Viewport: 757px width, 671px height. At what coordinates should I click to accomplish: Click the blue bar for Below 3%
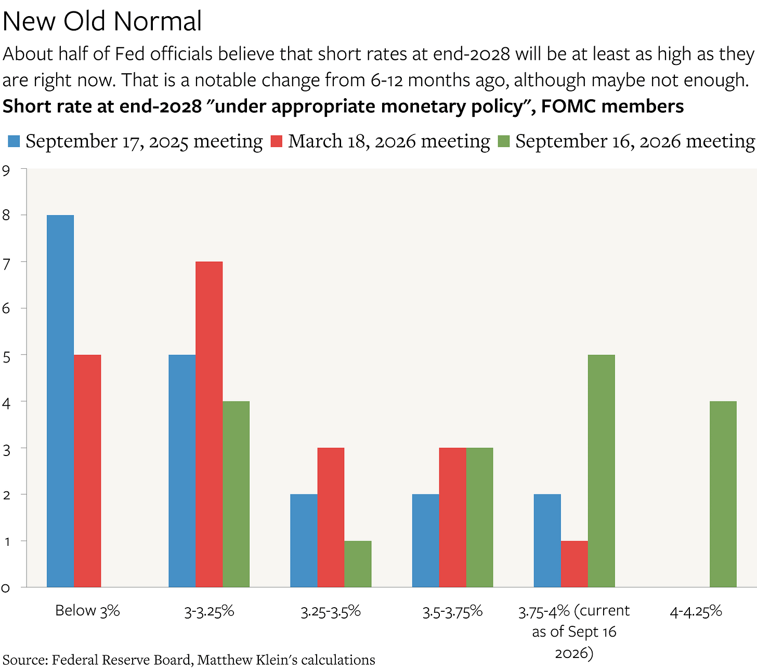point(60,401)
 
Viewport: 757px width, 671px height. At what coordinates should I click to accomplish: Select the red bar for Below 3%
point(87,471)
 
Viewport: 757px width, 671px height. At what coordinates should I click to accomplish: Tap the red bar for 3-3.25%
point(209,424)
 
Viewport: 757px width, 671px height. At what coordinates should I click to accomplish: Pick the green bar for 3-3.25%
point(236,494)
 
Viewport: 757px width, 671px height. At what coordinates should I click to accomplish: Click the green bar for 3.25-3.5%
point(358,564)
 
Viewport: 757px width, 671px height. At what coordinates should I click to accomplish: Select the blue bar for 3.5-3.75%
point(426,541)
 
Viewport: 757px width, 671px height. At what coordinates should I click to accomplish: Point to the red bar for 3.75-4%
point(575,564)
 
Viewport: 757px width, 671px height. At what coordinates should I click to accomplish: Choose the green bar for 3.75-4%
point(602,471)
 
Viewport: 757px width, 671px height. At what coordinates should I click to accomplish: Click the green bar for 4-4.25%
point(723,494)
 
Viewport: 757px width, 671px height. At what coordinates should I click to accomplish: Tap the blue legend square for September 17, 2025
point(14,141)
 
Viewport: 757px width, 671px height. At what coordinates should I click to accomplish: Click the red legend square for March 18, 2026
point(276,141)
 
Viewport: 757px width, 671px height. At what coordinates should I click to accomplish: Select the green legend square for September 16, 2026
point(504,141)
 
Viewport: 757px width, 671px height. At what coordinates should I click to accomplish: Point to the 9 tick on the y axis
point(6,170)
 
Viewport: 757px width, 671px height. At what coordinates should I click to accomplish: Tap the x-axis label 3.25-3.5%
point(331,612)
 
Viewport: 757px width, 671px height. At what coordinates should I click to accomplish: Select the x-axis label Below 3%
point(87,611)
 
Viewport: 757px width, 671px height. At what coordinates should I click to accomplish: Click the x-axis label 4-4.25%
point(696,612)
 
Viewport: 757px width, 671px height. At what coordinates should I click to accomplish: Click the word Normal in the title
point(158,21)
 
